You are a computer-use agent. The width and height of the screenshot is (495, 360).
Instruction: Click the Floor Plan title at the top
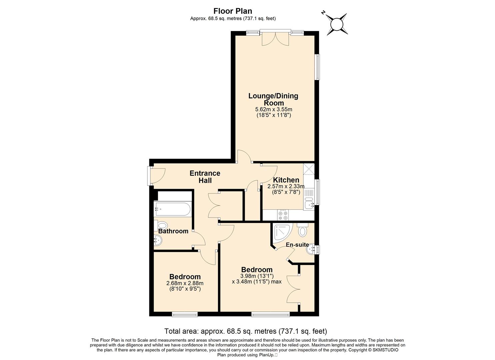tap(233, 11)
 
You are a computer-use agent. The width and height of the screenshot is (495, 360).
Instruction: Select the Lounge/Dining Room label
tap(274, 99)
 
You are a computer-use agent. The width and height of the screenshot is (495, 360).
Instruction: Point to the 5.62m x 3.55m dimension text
tap(274, 109)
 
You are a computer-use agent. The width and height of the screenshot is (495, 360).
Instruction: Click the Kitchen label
tap(286, 180)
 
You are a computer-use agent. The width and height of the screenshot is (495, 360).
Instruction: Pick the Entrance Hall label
tap(205, 177)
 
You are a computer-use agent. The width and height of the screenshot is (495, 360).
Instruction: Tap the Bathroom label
tap(173, 231)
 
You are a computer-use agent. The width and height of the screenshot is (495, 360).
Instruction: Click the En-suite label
tap(297, 245)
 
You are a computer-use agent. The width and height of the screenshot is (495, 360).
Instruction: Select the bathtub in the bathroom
tap(172, 209)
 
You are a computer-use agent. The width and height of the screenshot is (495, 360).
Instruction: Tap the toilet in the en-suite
tap(302, 230)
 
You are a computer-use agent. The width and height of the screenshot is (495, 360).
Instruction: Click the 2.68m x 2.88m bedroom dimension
tap(185, 283)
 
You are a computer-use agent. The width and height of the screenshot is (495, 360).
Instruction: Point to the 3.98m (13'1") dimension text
tap(257, 276)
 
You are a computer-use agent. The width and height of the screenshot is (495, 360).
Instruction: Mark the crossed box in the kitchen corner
tap(309, 169)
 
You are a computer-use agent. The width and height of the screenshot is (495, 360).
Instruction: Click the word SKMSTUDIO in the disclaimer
tap(385, 350)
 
